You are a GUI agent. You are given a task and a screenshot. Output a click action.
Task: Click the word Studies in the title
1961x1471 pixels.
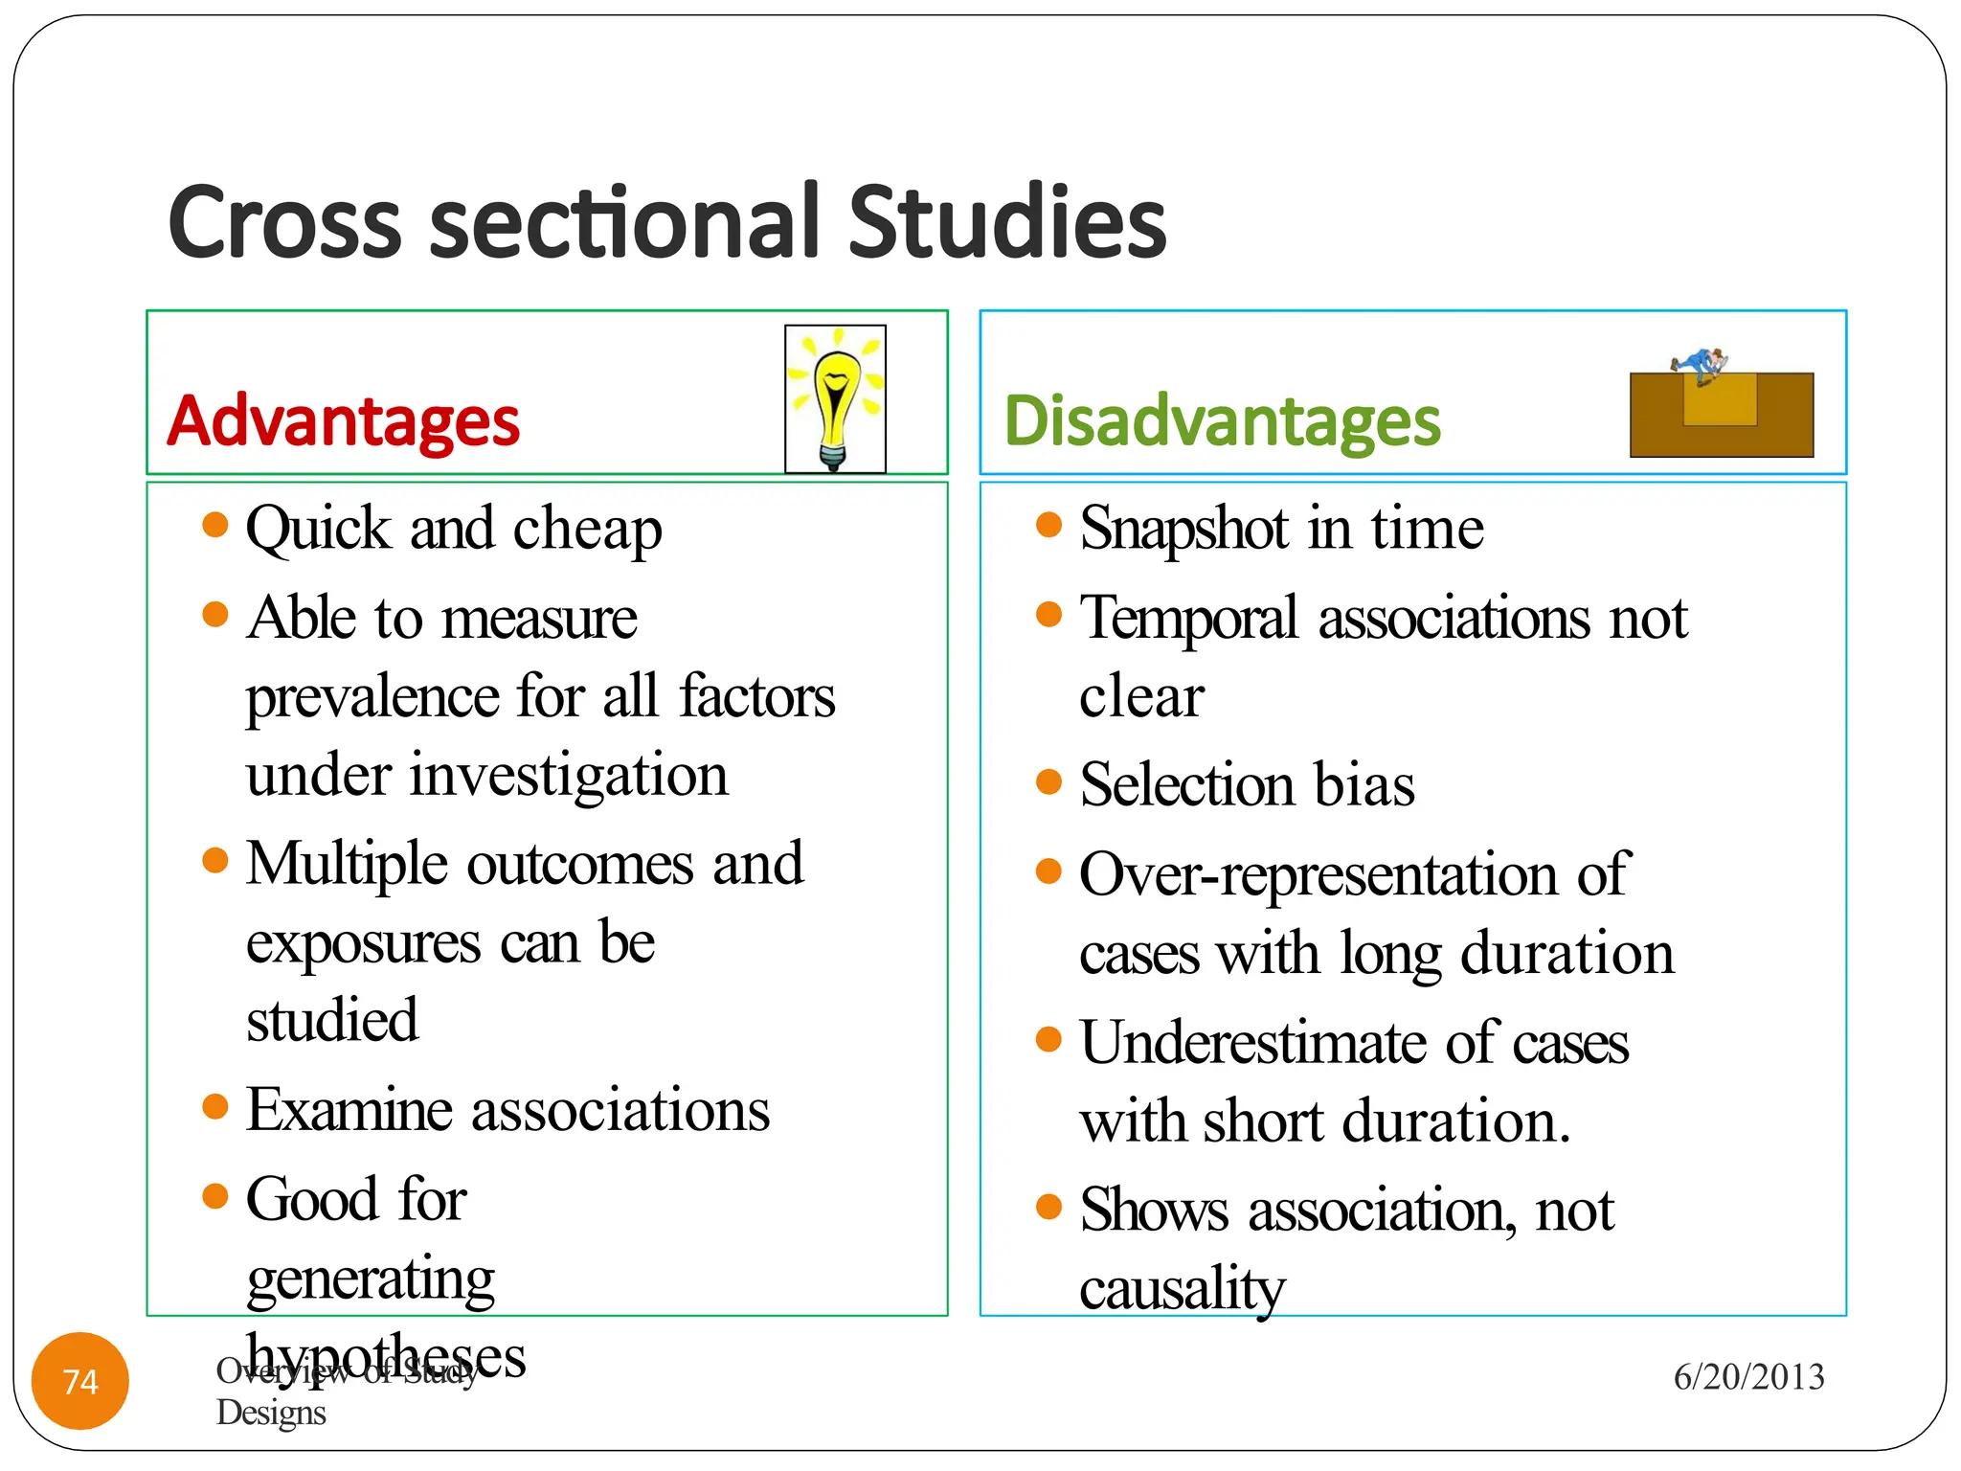click(1006, 222)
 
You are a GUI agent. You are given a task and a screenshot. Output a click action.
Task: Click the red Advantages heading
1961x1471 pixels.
click(343, 421)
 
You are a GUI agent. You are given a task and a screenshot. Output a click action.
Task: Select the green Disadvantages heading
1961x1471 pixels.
click(1222, 421)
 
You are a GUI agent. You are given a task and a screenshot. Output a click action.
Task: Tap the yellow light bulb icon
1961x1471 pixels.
click(835, 398)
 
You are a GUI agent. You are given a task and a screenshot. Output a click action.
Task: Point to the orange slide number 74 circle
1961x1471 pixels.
click(80, 1381)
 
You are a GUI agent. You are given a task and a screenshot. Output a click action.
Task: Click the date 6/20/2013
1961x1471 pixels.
click(1748, 1377)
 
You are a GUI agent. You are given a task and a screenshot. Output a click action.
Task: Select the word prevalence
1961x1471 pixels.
click(372, 696)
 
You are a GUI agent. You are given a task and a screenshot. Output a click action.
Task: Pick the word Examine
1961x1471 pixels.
click(349, 1111)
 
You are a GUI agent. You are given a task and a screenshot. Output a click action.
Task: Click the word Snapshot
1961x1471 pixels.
click(1183, 529)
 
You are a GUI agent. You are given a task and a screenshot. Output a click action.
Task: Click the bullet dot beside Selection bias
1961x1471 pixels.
click(1049, 781)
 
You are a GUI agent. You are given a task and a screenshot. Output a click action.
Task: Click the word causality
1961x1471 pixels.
click(1182, 1289)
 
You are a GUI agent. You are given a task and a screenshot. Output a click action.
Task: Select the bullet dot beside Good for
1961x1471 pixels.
click(215, 1195)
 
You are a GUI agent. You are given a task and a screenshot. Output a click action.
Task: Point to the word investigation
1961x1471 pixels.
click(569, 775)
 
